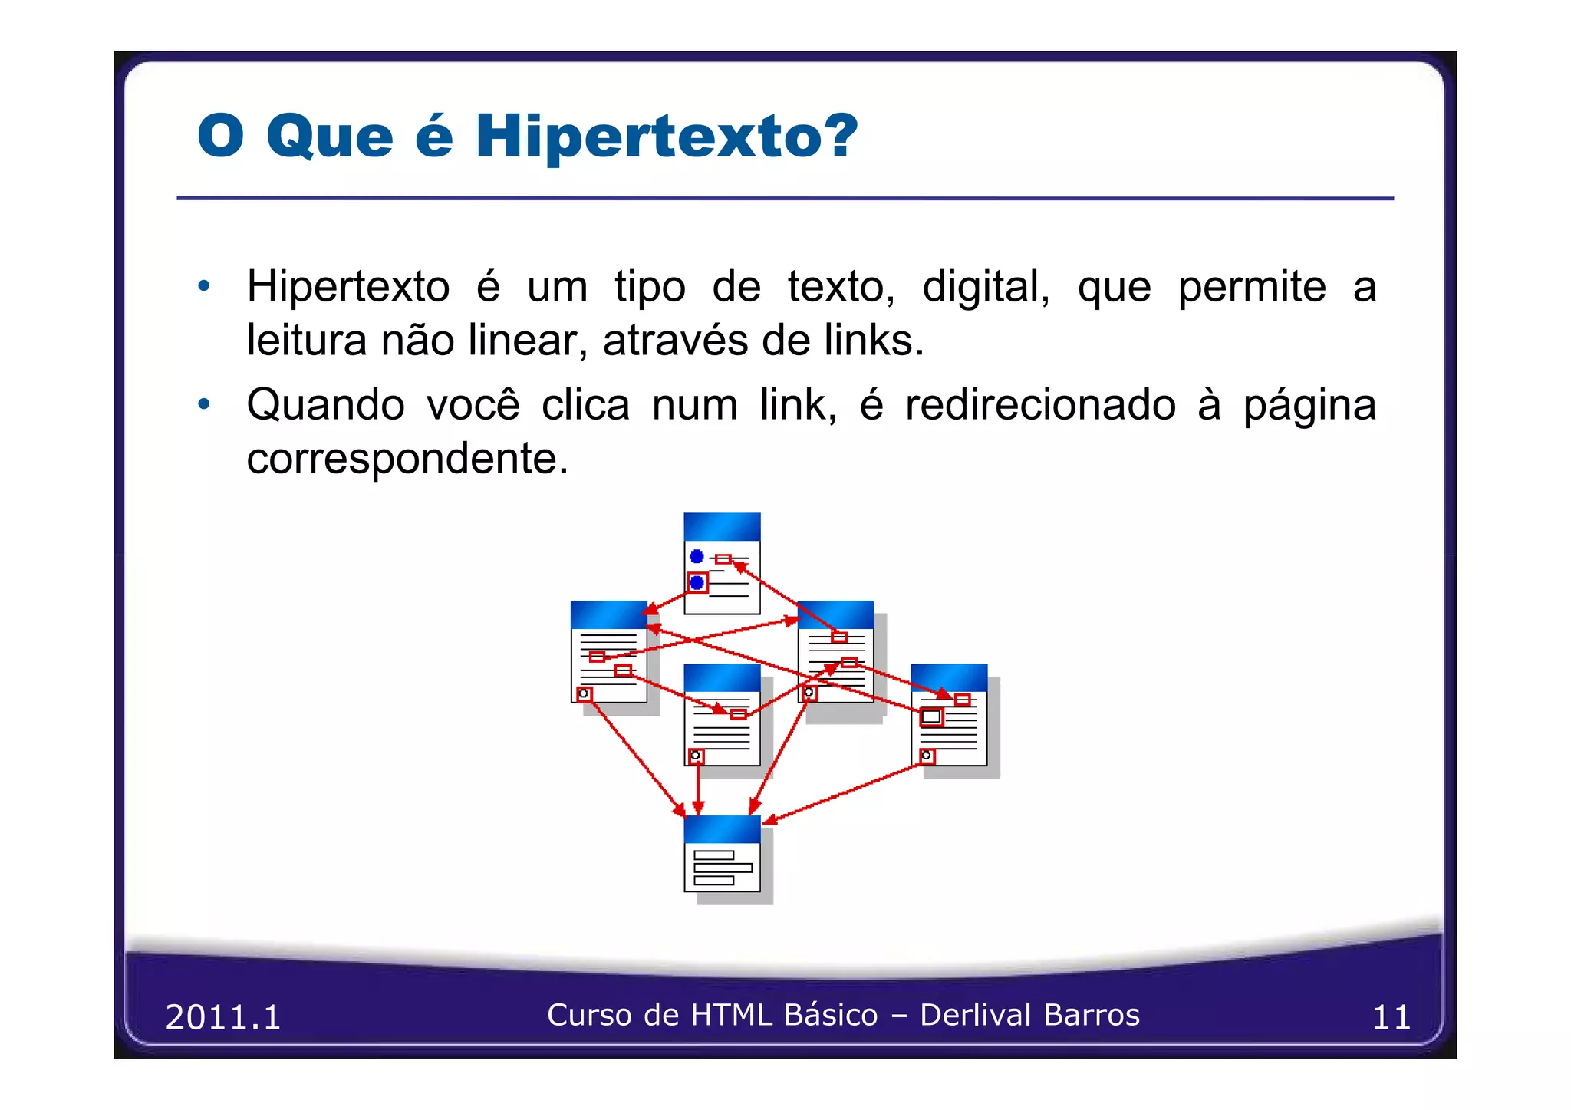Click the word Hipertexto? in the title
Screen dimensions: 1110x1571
666,137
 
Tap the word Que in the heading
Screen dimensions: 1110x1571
330,137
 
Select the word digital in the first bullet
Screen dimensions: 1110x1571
985,288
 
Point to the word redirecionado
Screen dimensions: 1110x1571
1040,405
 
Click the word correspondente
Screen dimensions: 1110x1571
407,459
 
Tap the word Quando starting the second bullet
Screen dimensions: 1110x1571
325,405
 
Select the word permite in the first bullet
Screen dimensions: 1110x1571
1252,288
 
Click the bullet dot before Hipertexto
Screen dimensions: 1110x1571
203,286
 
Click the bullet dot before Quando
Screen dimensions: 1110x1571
203,403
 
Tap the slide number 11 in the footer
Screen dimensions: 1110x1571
1391,1017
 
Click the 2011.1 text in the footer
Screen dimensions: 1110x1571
223,1017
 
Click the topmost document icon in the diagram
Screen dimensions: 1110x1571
722,564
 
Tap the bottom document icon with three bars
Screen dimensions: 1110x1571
722,854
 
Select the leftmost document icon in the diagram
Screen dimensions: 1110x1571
609,652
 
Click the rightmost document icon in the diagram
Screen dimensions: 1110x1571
949,715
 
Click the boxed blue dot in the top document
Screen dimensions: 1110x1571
697,583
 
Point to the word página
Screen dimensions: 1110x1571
1309,405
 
